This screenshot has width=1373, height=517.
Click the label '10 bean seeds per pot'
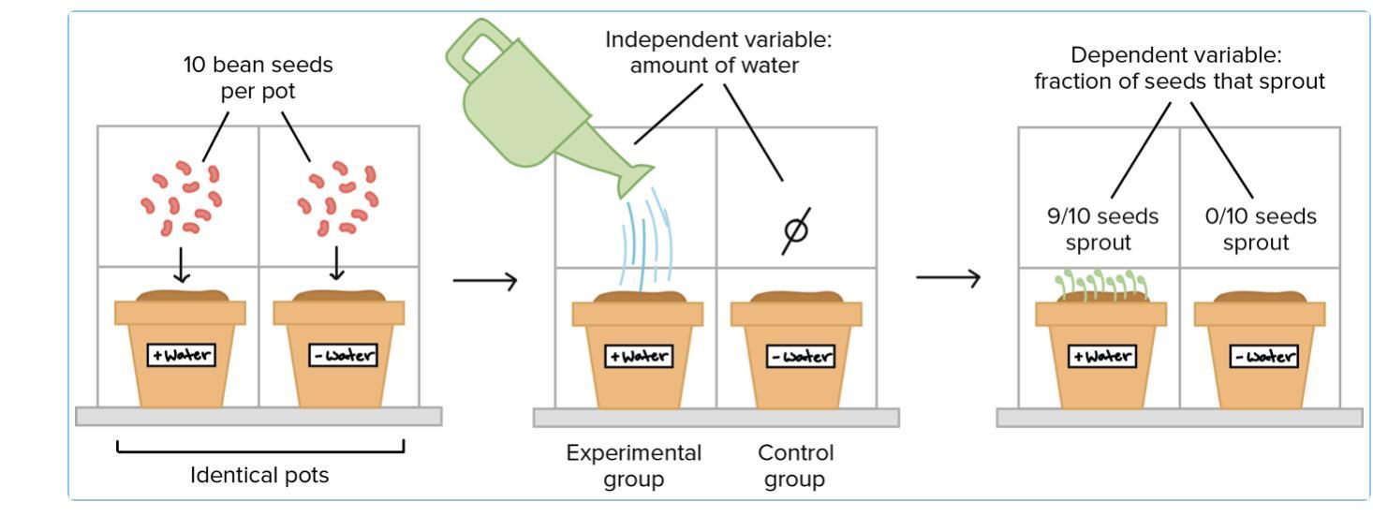[258, 79]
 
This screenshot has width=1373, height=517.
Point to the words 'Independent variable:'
[718, 41]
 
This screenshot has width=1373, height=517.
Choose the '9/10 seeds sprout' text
[1102, 229]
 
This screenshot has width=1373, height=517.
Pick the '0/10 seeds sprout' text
[1260, 229]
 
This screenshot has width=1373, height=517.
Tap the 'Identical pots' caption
[259, 475]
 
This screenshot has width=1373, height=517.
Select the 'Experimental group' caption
[633, 465]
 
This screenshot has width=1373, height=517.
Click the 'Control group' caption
[795, 465]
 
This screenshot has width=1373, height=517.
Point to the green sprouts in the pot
[1101, 284]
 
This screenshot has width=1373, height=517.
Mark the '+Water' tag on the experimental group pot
[638, 356]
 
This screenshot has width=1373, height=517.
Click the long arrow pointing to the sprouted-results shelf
[948, 277]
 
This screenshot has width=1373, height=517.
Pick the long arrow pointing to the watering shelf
[484, 280]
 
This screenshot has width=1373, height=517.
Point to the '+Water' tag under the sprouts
[1101, 356]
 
